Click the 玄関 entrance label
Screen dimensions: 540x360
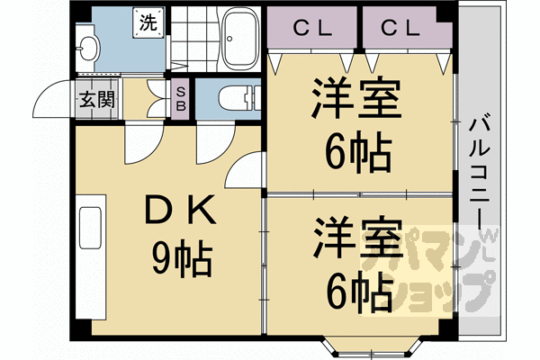point(97,100)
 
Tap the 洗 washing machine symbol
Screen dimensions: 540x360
point(148,22)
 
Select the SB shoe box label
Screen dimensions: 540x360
point(181,99)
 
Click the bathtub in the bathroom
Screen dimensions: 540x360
point(240,38)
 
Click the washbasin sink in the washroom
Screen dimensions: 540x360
point(87,49)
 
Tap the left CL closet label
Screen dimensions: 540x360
point(312,29)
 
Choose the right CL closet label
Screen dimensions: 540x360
point(400,29)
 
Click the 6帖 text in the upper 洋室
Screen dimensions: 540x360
point(358,152)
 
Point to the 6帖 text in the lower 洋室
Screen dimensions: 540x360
point(359,291)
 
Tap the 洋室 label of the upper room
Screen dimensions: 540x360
point(356,99)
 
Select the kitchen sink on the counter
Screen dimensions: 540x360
point(90,228)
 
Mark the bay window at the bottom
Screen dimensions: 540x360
point(372,347)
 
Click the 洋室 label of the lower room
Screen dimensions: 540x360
point(357,238)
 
